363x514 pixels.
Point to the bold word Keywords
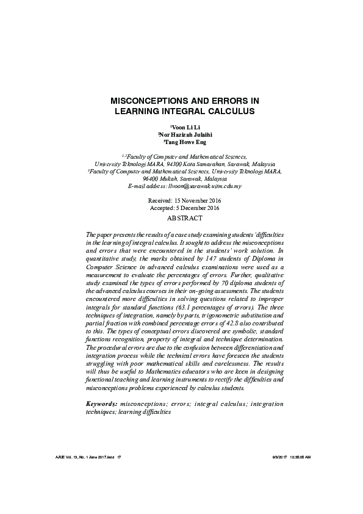tap(102, 404)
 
